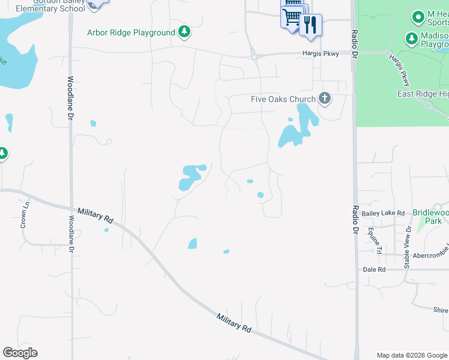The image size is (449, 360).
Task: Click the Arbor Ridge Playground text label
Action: [131, 32]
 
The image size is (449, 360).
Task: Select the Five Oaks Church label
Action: [283, 99]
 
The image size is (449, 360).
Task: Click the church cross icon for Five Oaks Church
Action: [325, 98]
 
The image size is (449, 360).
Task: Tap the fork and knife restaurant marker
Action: [310, 25]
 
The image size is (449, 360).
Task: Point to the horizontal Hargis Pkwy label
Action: [320, 54]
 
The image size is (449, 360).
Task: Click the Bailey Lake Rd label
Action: [383, 213]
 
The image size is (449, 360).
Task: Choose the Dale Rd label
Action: [374, 270]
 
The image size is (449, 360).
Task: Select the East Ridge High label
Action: [423, 94]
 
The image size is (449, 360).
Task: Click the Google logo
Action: [20, 353]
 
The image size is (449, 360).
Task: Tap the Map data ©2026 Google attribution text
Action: [412, 355]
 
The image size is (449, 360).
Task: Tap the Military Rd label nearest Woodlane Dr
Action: [95, 216]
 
